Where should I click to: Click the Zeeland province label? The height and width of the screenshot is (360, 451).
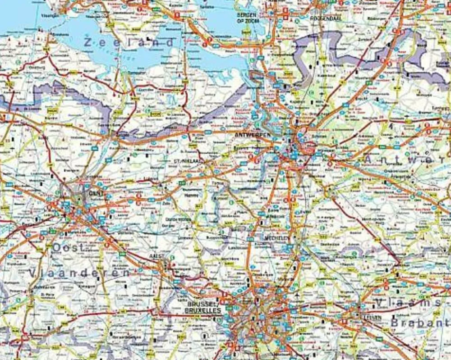[129, 42]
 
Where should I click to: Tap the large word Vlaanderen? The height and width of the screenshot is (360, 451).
[79, 273]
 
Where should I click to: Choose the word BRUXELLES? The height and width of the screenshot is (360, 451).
[203, 311]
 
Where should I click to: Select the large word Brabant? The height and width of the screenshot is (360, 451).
[419, 323]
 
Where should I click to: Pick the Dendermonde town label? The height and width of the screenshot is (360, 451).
[179, 219]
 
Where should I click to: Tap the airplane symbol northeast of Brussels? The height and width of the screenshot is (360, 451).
[298, 295]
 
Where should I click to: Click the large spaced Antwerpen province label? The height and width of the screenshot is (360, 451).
[406, 159]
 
